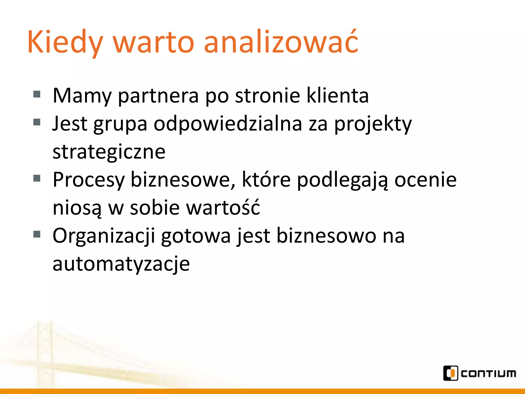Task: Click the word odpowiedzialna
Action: [x=228, y=124]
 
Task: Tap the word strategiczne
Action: [x=109, y=152]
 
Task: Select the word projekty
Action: [x=373, y=124]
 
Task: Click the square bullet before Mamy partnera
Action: [x=37, y=94]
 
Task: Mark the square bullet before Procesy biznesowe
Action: [x=37, y=178]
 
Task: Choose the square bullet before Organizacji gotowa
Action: [x=37, y=234]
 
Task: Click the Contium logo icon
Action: [x=450, y=373]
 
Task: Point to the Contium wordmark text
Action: [x=488, y=374]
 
